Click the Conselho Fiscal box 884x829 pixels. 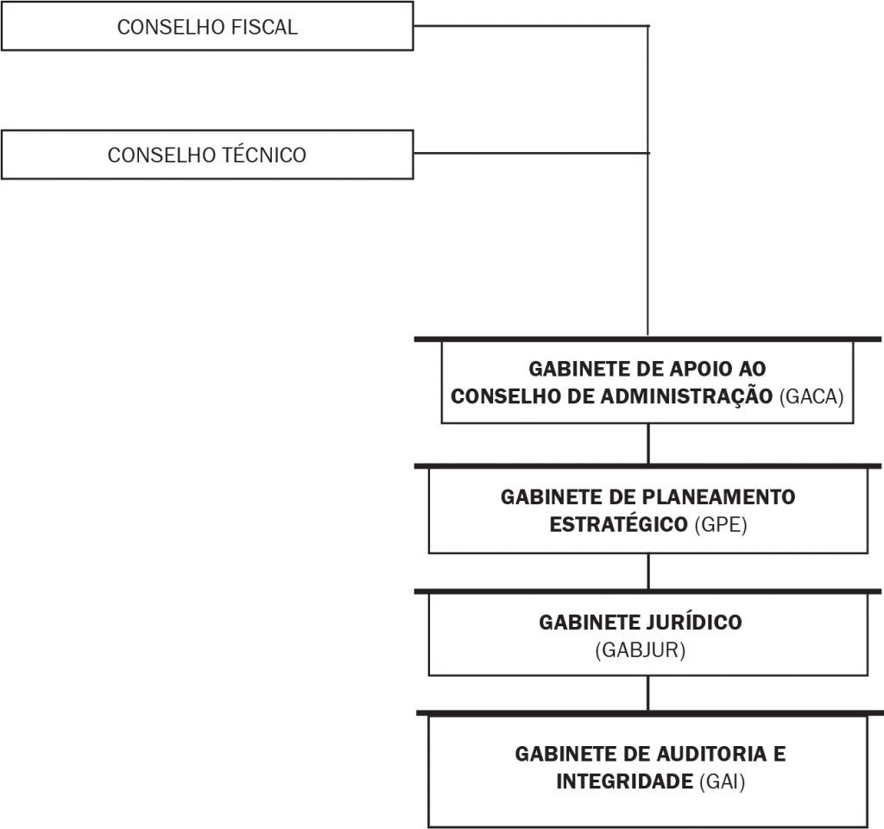coord(207,26)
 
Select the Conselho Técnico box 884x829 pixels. coord(207,155)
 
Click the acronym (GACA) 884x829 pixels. coord(811,396)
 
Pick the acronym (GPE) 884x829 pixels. coord(721,524)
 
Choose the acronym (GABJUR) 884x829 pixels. coord(641,650)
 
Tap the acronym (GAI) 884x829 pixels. coord(723,782)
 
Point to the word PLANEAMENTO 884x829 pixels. coord(719,497)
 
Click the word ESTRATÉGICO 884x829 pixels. coord(618,524)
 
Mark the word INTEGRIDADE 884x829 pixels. coord(625,782)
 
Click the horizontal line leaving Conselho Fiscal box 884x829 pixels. coord(532,26)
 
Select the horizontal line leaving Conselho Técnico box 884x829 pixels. coord(532,153)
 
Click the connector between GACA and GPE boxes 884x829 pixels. coord(648,444)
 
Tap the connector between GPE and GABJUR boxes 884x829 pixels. coord(648,572)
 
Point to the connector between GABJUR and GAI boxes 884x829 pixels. coord(648,693)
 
